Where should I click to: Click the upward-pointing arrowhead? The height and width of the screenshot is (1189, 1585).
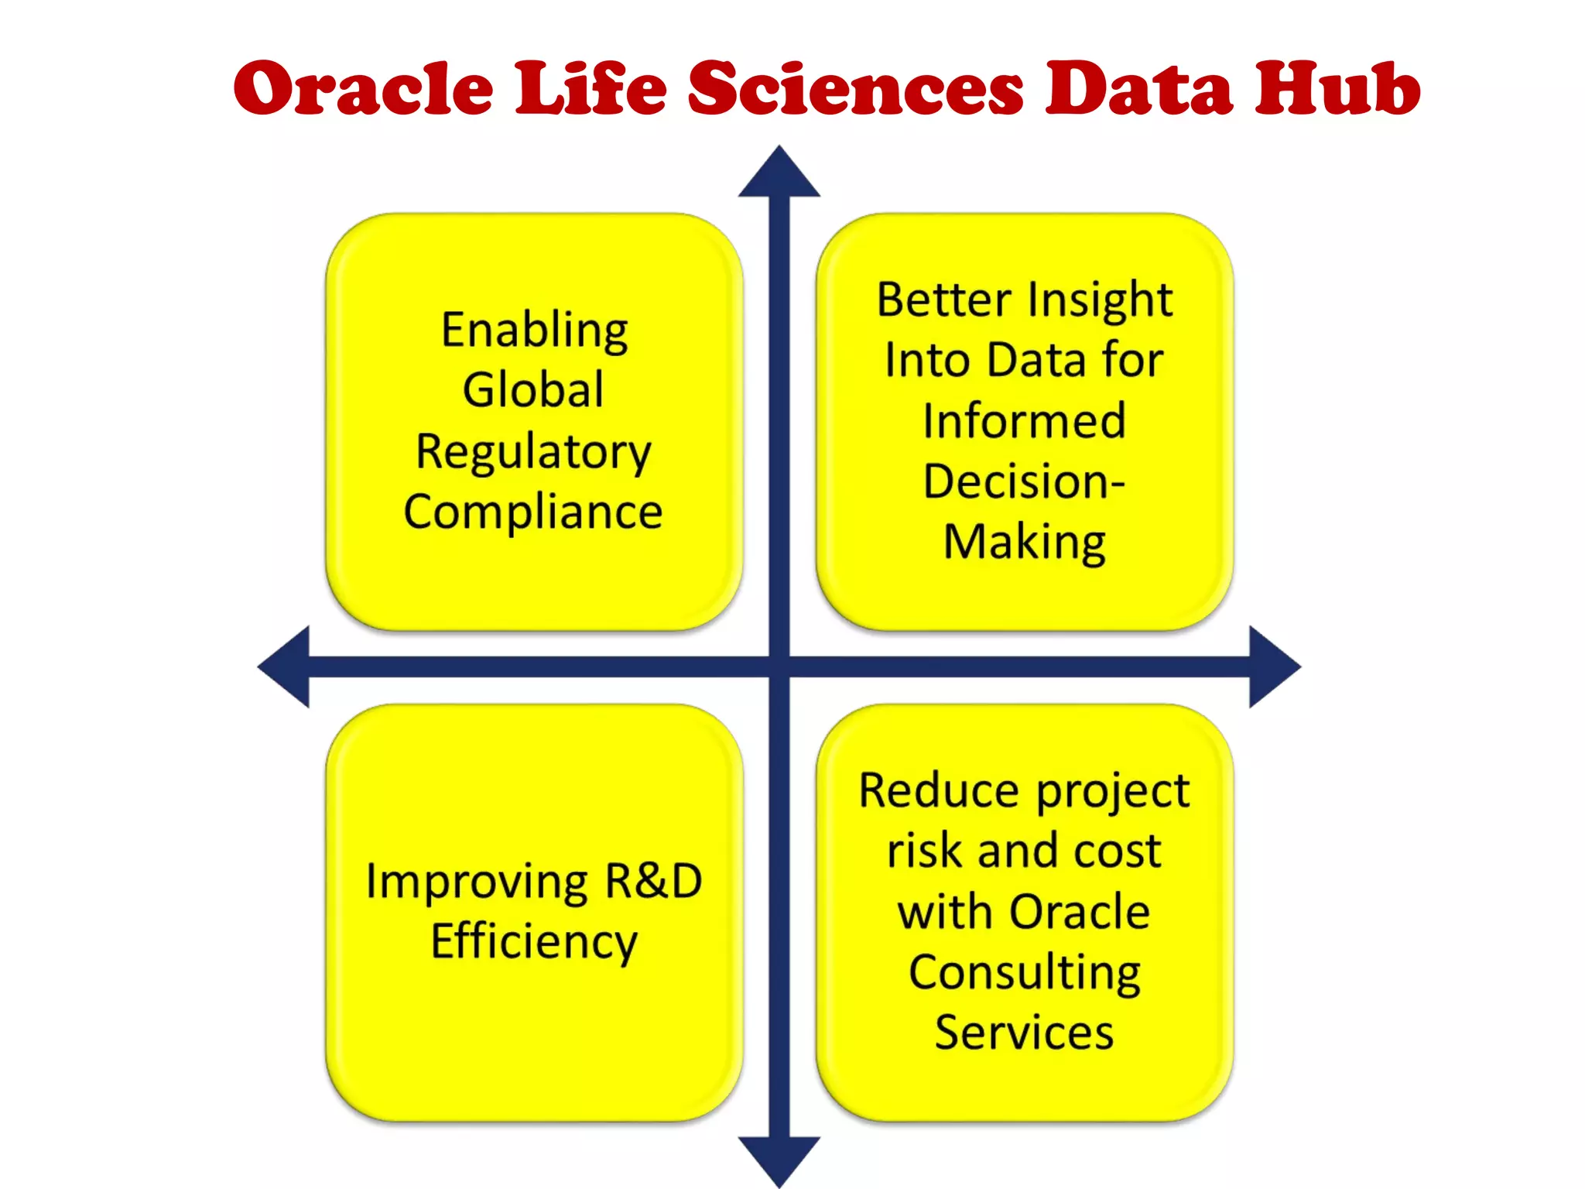(779, 175)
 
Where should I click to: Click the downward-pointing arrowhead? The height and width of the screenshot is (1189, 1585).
(779, 1158)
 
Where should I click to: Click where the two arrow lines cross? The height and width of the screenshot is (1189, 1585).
(779, 666)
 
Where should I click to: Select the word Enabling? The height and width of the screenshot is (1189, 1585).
(534, 331)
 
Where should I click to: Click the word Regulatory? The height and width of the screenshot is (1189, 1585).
(534, 452)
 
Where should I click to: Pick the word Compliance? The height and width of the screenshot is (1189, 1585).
(533, 512)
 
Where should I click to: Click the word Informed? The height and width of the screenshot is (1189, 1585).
(1024, 421)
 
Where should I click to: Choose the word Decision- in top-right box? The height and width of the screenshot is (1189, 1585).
(1024, 481)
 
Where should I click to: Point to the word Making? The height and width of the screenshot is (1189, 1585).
(1024, 542)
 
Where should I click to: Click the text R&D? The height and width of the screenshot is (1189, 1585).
(653, 881)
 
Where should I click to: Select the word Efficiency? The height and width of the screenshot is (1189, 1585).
(534, 942)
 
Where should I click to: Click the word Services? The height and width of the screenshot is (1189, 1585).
(1024, 1033)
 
